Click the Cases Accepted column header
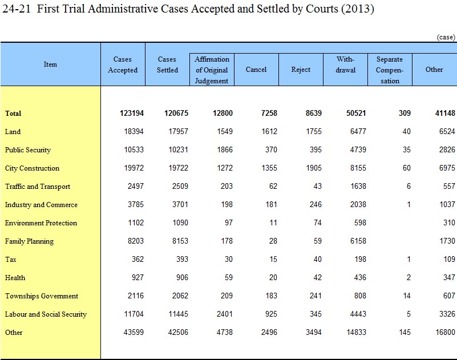(123, 64)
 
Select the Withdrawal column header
(345, 64)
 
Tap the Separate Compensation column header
(390, 70)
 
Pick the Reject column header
(301, 70)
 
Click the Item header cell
(50, 64)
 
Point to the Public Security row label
(28, 150)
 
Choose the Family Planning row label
(29, 241)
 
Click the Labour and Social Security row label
(46, 314)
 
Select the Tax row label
(10, 260)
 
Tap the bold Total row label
(13, 114)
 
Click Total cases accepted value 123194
(132, 113)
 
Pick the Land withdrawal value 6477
(358, 131)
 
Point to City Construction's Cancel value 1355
(269, 168)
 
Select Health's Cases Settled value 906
(182, 277)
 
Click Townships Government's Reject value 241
(316, 296)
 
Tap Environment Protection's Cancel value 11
(273, 223)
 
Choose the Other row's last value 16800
(446, 332)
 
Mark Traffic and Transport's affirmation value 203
(227, 186)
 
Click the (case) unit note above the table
(446, 37)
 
